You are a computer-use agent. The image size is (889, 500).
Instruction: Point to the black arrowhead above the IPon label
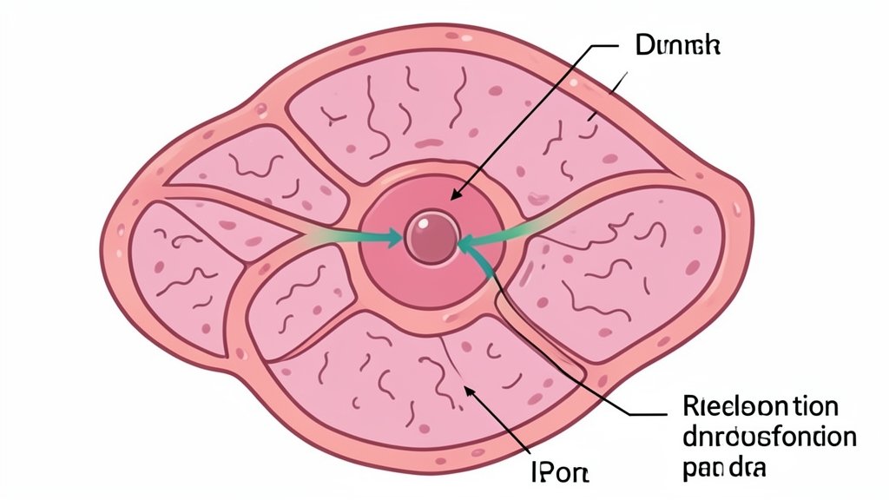point(471,392)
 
